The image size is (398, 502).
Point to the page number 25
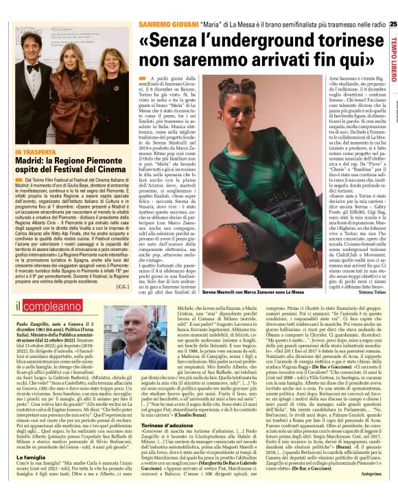393,24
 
